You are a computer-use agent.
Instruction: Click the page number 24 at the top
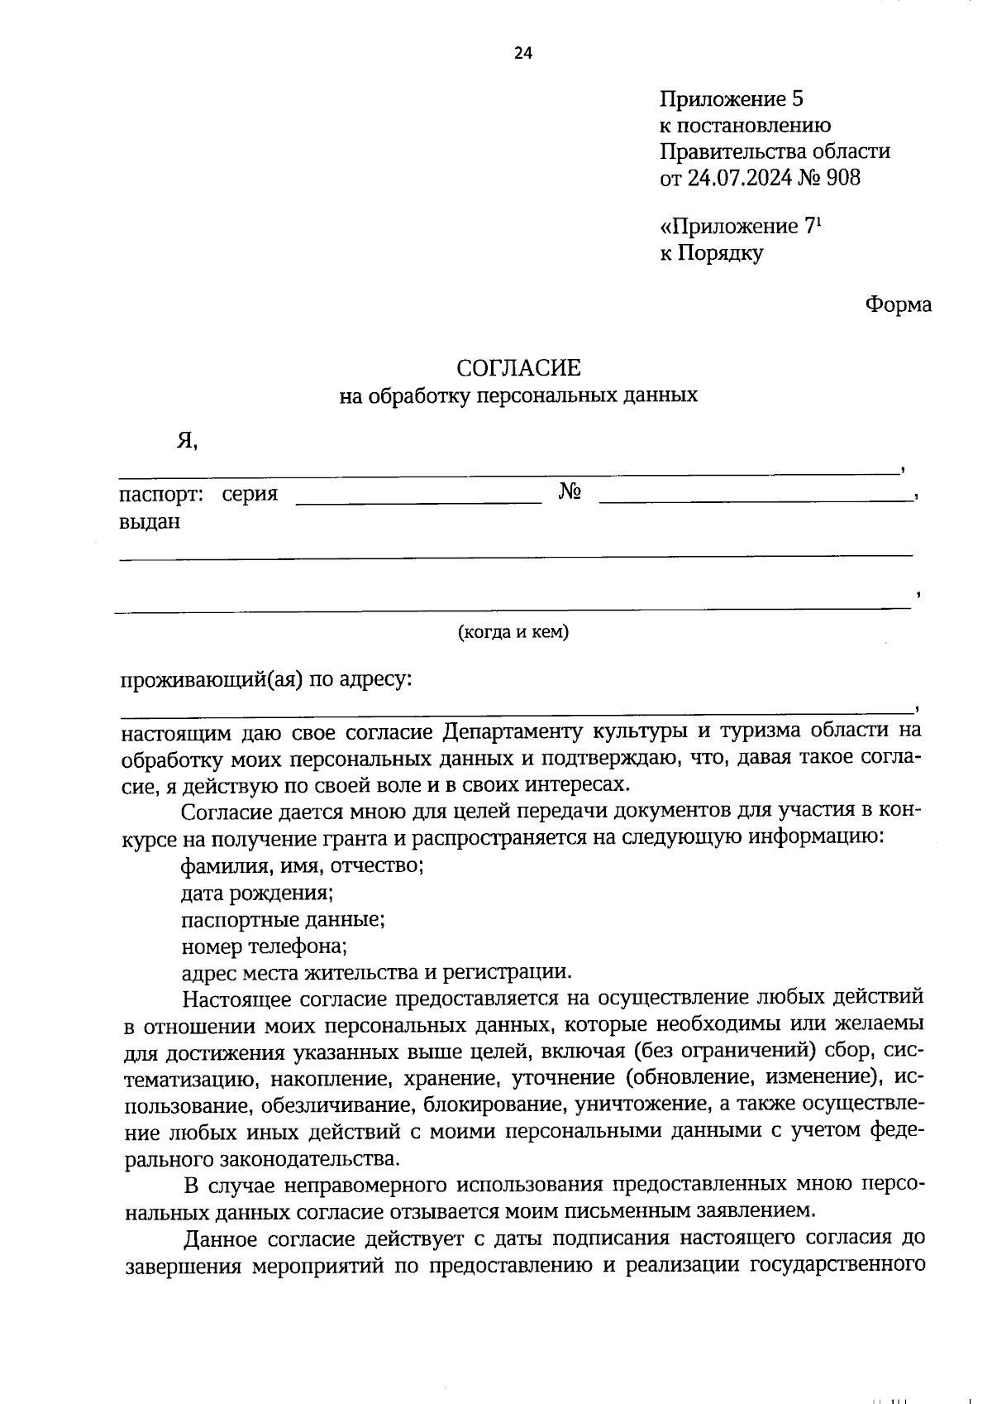coord(522,54)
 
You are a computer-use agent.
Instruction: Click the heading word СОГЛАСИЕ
coord(519,367)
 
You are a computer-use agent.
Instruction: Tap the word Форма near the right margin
coord(898,305)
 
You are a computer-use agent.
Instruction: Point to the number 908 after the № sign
coord(842,177)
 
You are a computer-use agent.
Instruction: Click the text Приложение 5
coord(731,100)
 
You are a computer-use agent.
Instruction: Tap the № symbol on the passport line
coord(570,492)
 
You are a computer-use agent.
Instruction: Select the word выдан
coord(150,521)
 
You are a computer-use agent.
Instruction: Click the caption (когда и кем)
coord(513,632)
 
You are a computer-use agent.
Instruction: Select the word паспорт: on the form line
coord(161,495)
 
